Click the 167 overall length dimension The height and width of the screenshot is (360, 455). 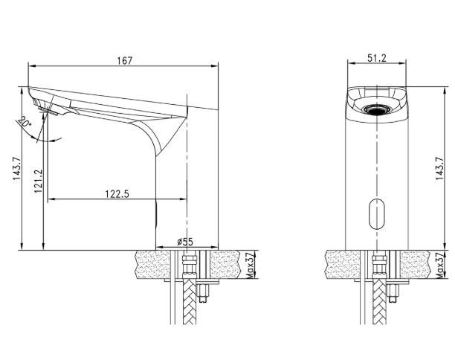tap(124, 60)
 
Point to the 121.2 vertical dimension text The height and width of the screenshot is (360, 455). tap(37, 180)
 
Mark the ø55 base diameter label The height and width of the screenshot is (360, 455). tap(185, 242)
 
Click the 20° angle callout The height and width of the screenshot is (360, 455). tap(26, 122)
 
